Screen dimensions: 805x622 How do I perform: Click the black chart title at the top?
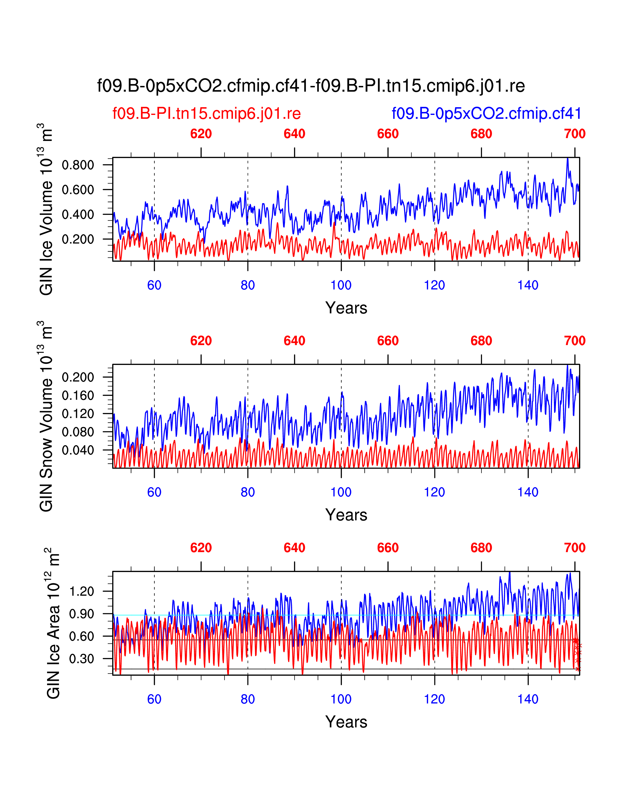coord(311,86)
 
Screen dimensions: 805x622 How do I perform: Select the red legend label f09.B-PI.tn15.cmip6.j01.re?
coord(206,113)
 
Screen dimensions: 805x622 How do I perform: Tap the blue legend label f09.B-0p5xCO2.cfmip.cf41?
coord(486,113)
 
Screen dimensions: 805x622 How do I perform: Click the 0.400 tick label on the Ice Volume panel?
coord(78,214)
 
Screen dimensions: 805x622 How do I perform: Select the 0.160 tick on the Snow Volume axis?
coord(78,395)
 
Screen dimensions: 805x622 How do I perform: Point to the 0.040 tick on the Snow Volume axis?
coord(78,450)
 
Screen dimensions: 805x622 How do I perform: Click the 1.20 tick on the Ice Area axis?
coord(81,591)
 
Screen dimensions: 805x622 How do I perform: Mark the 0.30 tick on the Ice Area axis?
coord(81,659)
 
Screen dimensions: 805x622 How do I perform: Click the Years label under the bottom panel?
coord(346,722)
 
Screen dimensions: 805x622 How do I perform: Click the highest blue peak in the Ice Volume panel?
coord(567,159)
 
